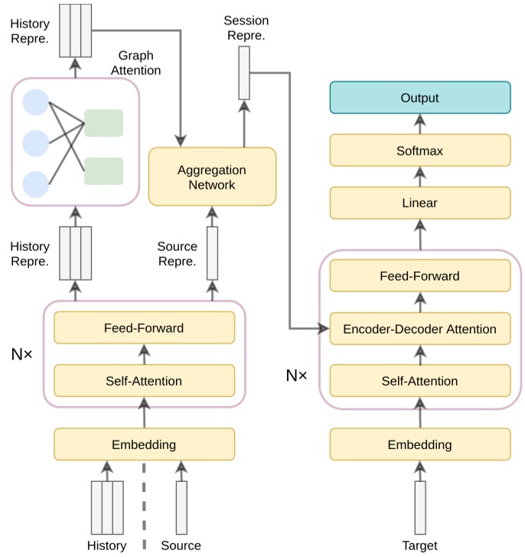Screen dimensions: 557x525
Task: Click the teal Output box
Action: (419, 98)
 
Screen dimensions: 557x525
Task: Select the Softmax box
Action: (419, 151)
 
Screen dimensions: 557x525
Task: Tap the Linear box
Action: (419, 204)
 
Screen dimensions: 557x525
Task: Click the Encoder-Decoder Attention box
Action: (419, 329)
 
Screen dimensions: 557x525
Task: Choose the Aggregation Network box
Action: (212, 177)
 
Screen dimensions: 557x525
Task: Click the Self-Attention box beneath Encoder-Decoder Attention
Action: (419, 380)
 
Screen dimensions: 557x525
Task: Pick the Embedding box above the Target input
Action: (419, 444)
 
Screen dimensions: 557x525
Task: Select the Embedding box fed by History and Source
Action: (144, 444)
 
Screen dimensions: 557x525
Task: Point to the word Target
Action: (419, 546)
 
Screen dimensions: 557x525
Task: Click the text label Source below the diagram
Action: (181, 546)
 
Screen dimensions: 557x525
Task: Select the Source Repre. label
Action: (178, 253)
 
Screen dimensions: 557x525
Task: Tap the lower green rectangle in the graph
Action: (103, 170)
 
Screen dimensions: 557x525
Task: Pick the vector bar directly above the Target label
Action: (419, 507)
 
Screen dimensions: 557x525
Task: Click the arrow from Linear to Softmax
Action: (419, 178)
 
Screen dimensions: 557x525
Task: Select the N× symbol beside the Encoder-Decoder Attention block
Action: (296, 376)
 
